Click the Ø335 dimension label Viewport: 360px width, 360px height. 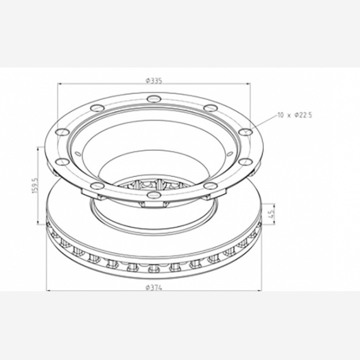pos(154,81)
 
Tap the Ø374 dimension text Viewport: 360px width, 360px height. pos(154,287)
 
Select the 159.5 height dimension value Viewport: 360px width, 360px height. pos(35,185)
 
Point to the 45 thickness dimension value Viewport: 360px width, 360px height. pos(272,213)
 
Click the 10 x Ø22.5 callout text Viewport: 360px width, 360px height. pos(295,115)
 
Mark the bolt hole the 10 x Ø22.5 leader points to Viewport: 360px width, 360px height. pos(245,132)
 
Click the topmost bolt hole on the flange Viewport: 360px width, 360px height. pos(154,99)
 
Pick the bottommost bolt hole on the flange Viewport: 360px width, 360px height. pos(154,195)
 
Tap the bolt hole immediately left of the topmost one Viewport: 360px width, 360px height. pos(97,107)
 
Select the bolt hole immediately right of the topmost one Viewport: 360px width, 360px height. pos(210,107)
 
